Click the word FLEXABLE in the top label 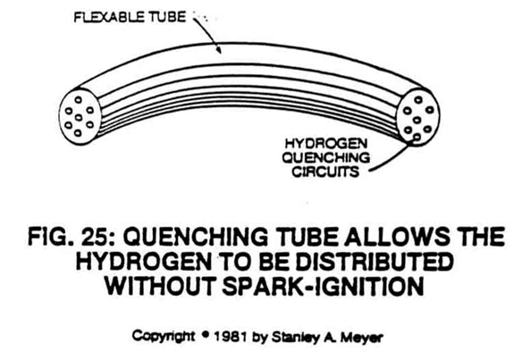[109, 17]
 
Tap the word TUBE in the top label [167, 17]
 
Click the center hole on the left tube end [79, 117]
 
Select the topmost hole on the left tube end [79, 99]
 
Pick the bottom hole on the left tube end [78, 133]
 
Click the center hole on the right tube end [417, 120]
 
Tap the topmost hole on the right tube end [418, 99]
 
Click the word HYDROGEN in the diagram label [326, 144]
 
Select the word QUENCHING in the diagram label [326, 157]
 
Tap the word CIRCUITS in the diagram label [325, 172]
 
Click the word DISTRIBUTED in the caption [375, 261]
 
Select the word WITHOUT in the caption [161, 286]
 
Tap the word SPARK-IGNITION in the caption [323, 286]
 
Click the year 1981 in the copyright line [230, 338]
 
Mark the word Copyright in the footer [163, 336]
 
